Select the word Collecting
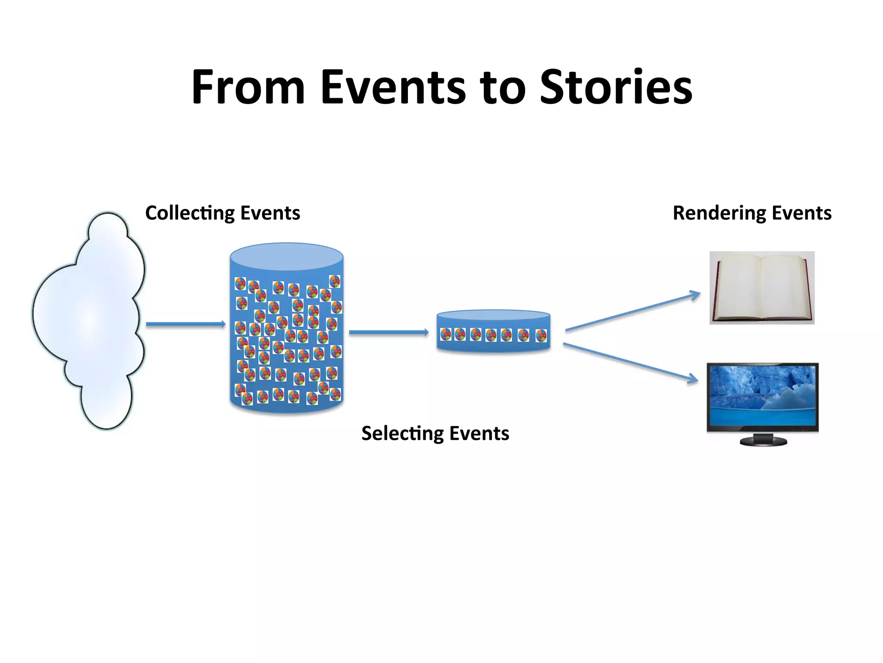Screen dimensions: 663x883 click(x=190, y=213)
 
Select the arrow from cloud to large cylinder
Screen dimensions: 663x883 click(x=185, y=324)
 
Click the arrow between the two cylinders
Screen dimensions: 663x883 click(x=388, y=332)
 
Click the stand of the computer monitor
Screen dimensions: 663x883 click(x=763, y=440)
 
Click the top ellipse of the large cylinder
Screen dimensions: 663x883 click(x=287, y=257)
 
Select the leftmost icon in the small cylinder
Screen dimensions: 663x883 click(x=446, y=334)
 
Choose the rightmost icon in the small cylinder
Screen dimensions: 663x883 click(x=541, y=335)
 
